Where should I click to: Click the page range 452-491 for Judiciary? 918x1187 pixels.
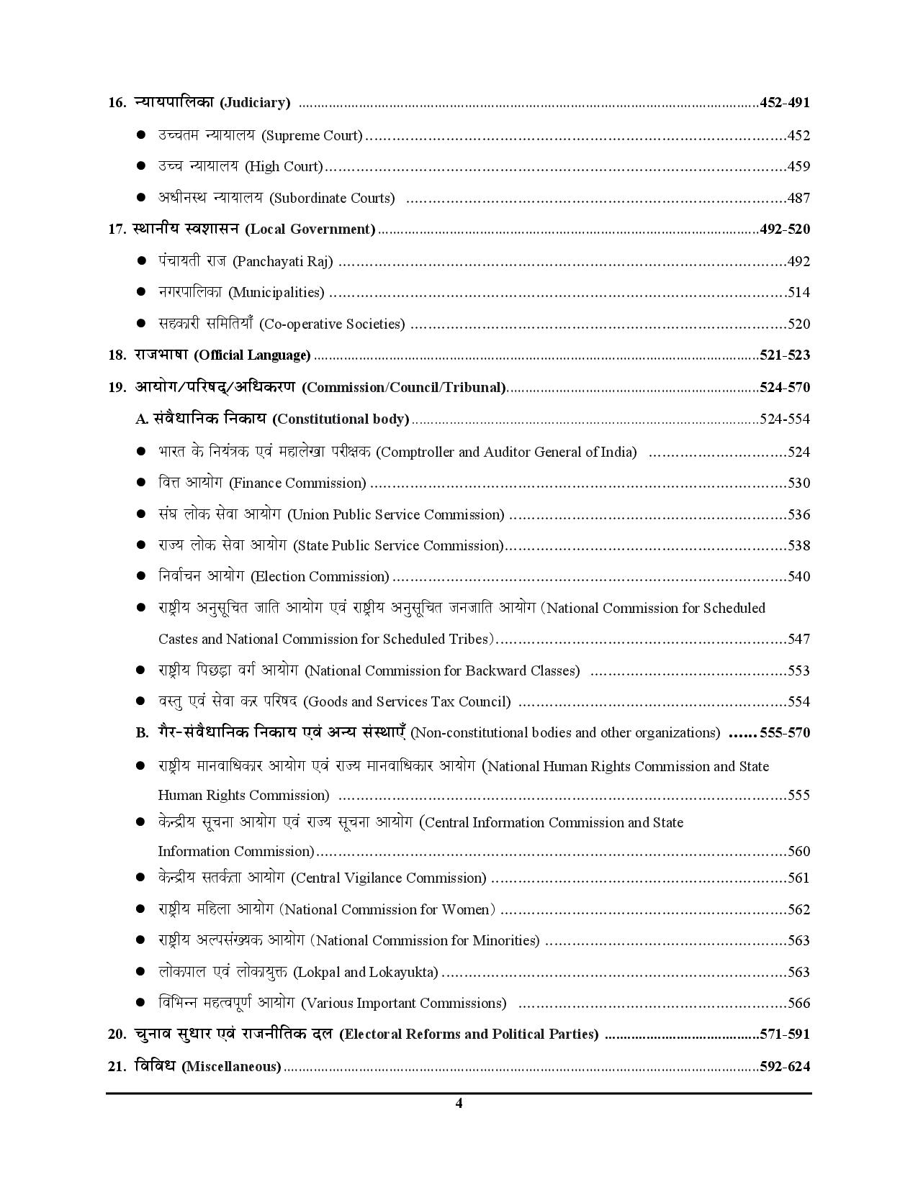784,103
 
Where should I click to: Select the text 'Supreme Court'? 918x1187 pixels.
312,135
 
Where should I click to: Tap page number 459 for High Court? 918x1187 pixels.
798,166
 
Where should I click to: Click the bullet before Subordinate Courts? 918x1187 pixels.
142,198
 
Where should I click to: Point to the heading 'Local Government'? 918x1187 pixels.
310,229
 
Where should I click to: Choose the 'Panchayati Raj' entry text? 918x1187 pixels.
283,261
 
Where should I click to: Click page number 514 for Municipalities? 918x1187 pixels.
798,292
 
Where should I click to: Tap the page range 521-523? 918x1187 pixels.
784,355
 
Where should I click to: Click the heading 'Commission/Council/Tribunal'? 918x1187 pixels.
403,388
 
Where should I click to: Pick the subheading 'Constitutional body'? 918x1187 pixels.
341,419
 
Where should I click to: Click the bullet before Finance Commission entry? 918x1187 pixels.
142,483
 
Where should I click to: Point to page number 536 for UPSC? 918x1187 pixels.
798,514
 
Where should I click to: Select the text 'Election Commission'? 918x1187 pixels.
320,576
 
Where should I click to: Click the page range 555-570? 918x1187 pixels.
784,733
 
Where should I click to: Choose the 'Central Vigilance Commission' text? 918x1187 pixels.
389,878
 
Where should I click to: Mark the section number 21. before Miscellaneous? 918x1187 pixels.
117,1066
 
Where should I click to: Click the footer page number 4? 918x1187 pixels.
459,1104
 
